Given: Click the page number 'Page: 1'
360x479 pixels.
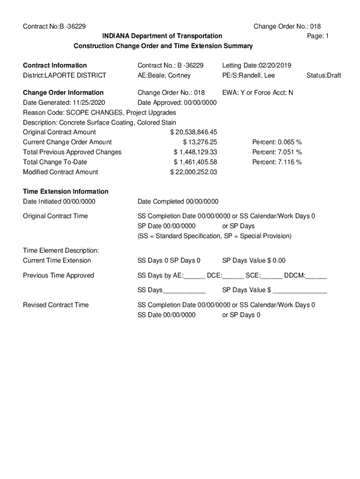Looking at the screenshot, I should click(318, 36).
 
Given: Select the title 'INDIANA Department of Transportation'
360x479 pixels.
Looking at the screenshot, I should click(163, 36).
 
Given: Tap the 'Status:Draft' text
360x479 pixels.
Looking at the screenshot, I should click(324, 75).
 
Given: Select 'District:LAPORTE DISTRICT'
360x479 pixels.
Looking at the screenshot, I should click(65, 75).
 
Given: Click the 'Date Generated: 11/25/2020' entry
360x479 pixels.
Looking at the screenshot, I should click(64, 102).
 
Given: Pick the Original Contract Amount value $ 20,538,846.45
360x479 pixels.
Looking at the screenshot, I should click(194, 132).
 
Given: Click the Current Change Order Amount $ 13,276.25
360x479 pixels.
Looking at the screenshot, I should click(200, 142).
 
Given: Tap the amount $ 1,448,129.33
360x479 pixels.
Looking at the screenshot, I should click(195, 152).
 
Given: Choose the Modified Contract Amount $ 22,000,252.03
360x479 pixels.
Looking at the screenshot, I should click(194, 172).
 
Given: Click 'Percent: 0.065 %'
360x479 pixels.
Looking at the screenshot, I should click(277, 142).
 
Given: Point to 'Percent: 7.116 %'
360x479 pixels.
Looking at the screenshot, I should click(277, 162).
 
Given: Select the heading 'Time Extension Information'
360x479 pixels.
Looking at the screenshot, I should click(65, 191).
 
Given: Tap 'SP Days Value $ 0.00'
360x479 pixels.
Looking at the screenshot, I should click(253, 261).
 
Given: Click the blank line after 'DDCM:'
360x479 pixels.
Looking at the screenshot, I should click(317, 276).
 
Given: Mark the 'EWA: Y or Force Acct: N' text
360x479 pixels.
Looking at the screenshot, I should click(258, 93).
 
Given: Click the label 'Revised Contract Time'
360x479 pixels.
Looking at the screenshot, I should click(56, 305).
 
